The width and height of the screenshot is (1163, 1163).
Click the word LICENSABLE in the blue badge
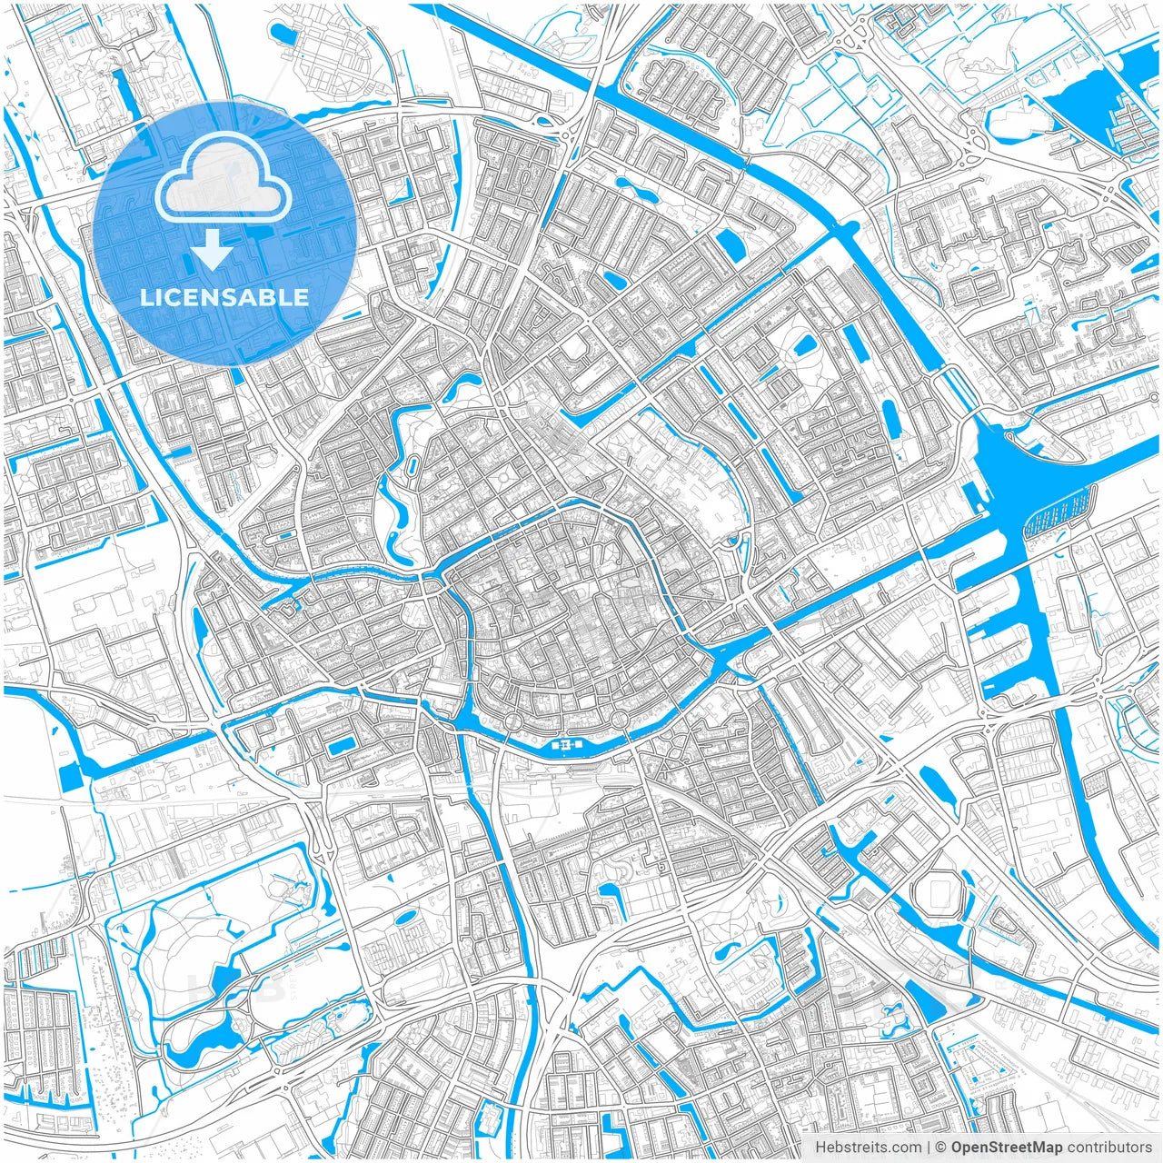(x=224, y=297)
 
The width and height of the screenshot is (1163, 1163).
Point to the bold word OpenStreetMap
(x=1007, y=1148)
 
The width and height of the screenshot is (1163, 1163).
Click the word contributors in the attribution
(x=1109, y=1148)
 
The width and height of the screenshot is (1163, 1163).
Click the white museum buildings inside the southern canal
(x=564, y=745)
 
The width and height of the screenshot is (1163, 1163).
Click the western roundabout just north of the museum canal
(x=512, y=721)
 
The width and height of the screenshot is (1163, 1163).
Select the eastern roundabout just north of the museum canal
(x=621, y=720)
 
